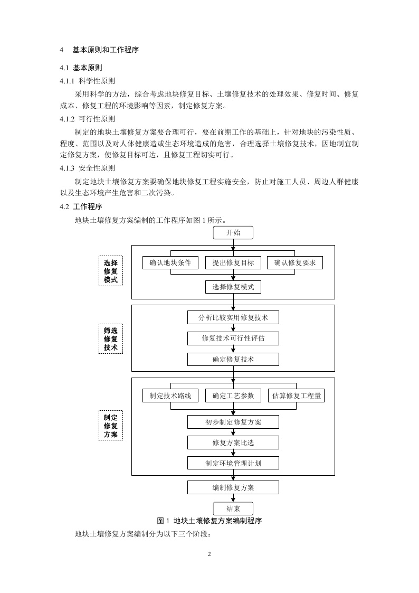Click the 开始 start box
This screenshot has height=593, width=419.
click(x=233, y=233)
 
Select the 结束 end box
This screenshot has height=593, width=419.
click(x=233, y=509)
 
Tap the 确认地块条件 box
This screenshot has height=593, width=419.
click(x=170, y=262)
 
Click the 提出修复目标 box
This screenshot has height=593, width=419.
click(x=233, y=262)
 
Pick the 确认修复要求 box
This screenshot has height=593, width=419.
click(x=295, y=262)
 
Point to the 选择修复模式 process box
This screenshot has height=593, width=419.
click(x=233, y=287)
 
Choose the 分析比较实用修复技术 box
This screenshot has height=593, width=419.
click(x=233, y=317)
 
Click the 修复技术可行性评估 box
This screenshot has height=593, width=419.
click(x=233, y=338)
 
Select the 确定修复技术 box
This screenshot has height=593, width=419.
click(x=233, y=359)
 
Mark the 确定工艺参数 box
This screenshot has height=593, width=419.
click(x=233, y=396)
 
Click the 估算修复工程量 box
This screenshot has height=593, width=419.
click(x=296, y=396)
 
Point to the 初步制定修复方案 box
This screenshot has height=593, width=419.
click(x=233, y=421)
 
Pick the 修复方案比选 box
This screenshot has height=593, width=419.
click(x=233, y=442)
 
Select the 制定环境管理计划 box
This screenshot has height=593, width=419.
click(x=233, y=463)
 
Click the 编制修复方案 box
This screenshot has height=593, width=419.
click(x=233, y=487)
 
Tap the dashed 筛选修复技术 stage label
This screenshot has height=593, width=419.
click(x=110, y=338)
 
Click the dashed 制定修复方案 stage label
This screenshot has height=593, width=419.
click(x=110, y=426)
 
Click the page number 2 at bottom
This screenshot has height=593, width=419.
click(x=209, y=554)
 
